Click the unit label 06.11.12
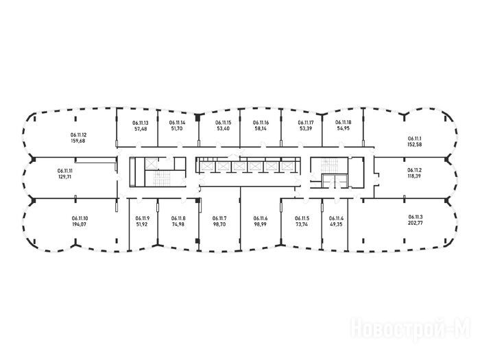click(x=78, y=135)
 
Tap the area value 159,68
click(x=78, y=141)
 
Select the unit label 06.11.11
click(x=65, y=170)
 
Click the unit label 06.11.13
click(x=141, y=123)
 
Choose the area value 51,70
click(x=177, y=128)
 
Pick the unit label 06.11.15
click(x=224, y=123)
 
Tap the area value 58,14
click(x=261, y=128)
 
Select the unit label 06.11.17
click(x=306, y=123)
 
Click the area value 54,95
click(x=343, y=128)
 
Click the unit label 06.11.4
click(x=336, y=218)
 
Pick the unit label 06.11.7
click(x=219, y=218)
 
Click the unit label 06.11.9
click(x=143, y=218)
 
